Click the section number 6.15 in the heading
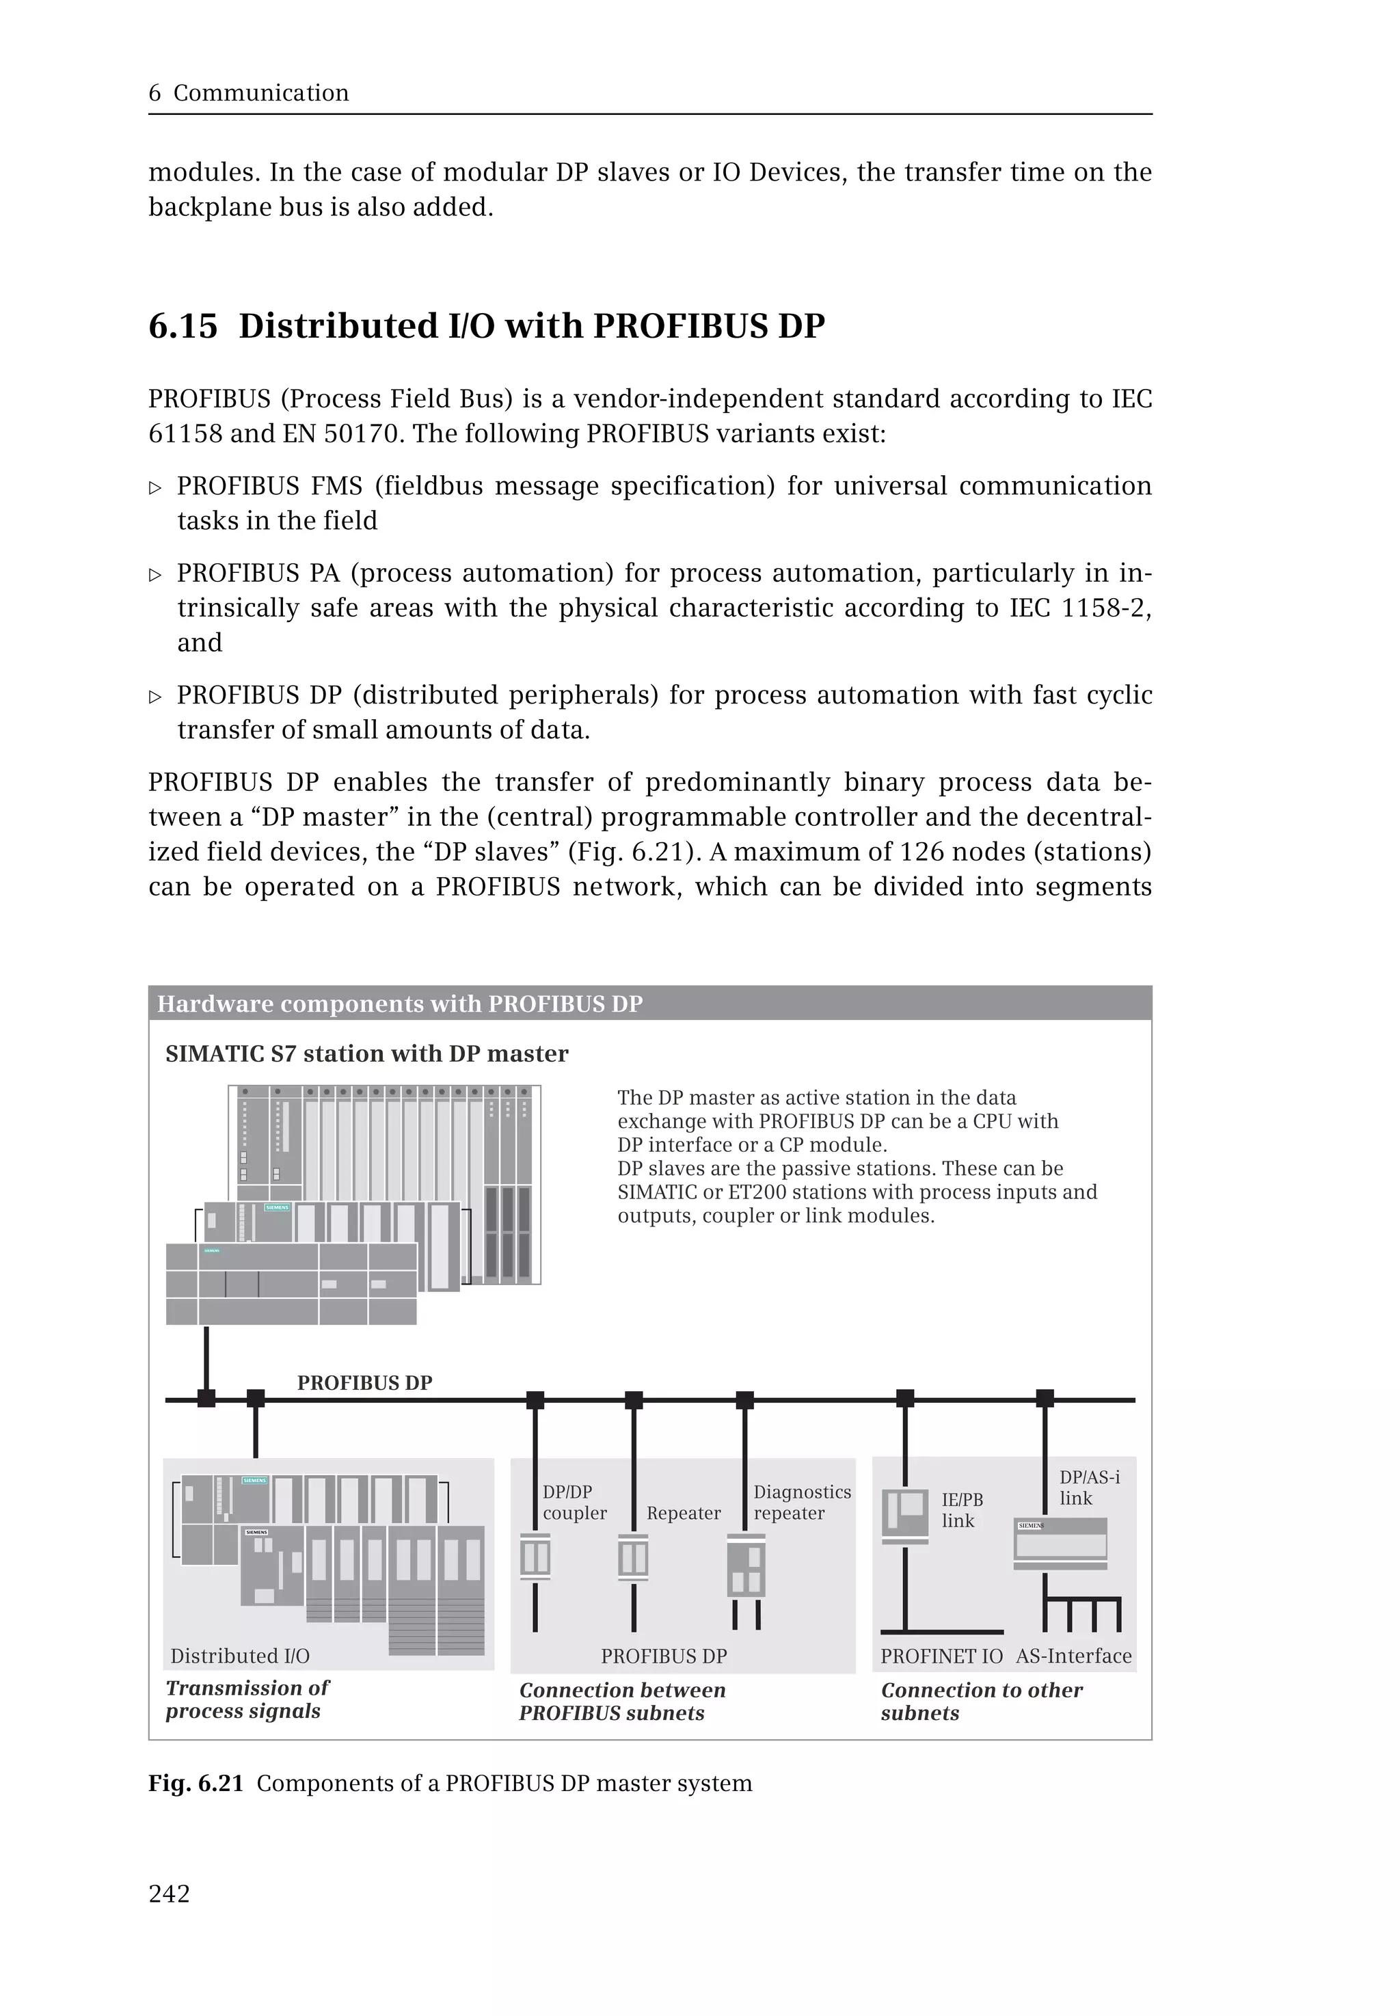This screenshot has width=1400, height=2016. pyautogui.click(x=183, y=326)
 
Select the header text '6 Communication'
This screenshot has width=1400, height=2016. pyautogui.click(x=248, y=93)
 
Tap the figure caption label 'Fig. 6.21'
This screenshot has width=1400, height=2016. pyautogui.click(x=195, y=1784)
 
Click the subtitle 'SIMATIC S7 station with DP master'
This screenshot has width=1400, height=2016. pyautogui.click(x=366, y=1053)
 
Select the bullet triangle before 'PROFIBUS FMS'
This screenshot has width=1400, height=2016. pyautogui.click(x=155, y=488)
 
